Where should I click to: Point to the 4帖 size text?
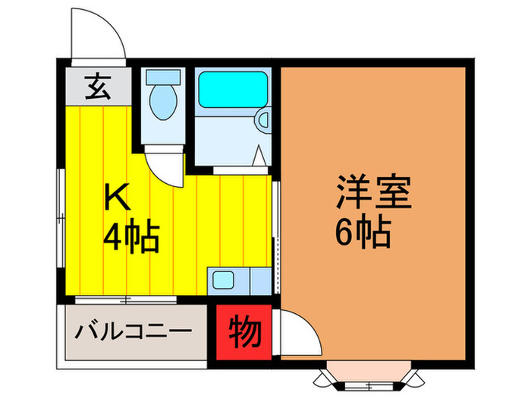(130, 239)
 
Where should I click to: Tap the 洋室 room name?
(374, 194)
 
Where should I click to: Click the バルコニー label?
(134, 332)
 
